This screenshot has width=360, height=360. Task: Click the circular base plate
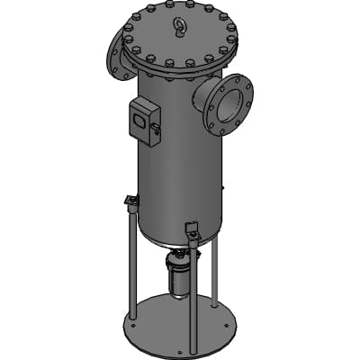tap(180, 324)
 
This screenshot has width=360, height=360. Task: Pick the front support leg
tap(193, 288)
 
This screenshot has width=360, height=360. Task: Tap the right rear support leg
tap(217, 270)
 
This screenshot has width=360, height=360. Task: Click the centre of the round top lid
tap(176, 38)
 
